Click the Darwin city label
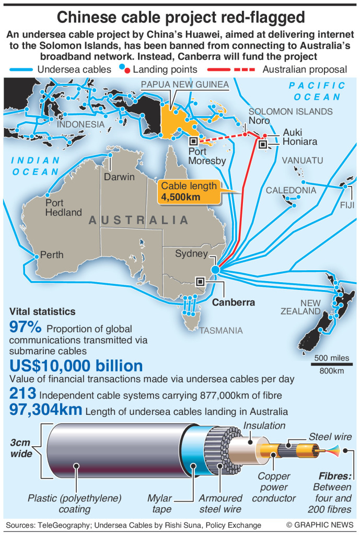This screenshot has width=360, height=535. pos(119,177)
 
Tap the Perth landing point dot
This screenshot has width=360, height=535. pos(36,256)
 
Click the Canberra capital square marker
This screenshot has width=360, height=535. pos(201,281)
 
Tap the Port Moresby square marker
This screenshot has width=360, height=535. pos(193,141)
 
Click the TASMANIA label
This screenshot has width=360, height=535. pos(220,330)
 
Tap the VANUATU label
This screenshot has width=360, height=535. pos(302,160)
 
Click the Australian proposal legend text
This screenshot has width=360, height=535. pos(305,69)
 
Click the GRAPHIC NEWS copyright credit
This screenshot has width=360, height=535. pos(320,525)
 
